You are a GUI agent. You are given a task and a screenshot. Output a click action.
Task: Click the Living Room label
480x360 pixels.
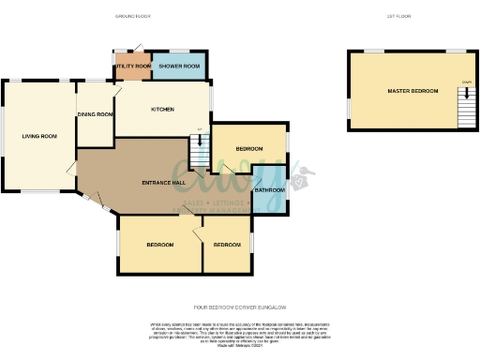[x=40, y=137]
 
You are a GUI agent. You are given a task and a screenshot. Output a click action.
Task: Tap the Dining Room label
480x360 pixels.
[x=95, y=114]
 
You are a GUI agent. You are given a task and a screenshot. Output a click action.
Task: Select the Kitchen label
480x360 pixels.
[x=162, y=110]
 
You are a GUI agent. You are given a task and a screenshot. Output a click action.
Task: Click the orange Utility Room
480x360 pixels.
[x=133, y=67]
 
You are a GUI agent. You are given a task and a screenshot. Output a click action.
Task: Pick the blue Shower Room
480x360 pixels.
[x=179, y=67]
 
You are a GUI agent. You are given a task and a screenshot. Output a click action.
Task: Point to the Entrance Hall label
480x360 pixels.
[x=162, y=182]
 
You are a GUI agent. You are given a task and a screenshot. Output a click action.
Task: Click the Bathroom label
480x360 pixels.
[x=269, y=190]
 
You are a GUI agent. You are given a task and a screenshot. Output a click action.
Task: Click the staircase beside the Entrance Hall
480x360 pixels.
[x=199, y=149]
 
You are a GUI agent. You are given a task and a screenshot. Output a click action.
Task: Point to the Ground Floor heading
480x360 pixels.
[x=134, y=17]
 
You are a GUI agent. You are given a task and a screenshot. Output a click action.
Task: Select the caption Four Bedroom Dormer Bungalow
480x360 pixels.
[x=239, y=307]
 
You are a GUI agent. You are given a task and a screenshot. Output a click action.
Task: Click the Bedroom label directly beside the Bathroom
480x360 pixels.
[x=248, y=149]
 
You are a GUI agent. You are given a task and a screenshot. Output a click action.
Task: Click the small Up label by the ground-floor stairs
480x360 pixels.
[x=199, y=129]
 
